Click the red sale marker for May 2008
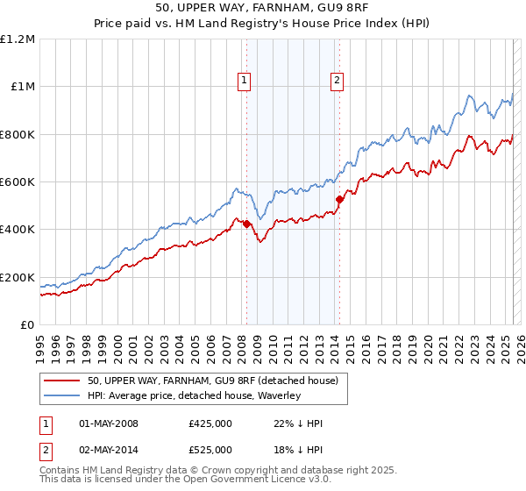pos(246,224)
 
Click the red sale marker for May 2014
pos(339,200)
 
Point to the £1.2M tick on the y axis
pos(18,39)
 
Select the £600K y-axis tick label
pos(18,182)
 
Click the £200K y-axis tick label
pos(18,277)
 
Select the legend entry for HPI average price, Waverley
pos(194,395)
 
